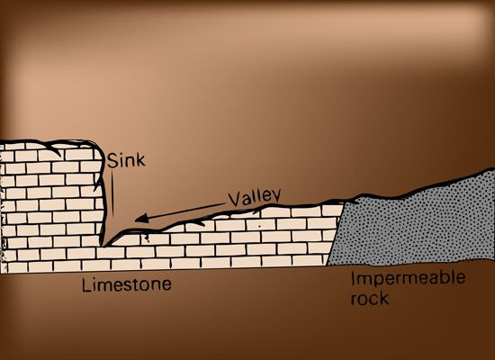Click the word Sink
126,160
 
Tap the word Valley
255,198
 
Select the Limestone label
127,284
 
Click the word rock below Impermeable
370,298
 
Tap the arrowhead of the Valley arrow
141,218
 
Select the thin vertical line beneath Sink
112,193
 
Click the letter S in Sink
112,160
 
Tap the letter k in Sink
140,160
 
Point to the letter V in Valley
235,200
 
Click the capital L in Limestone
85,284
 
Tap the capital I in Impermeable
354,278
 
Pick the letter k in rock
384,298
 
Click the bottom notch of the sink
104,244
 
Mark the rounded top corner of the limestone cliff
98,146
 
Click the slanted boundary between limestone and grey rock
336,234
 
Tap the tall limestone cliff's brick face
50,205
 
